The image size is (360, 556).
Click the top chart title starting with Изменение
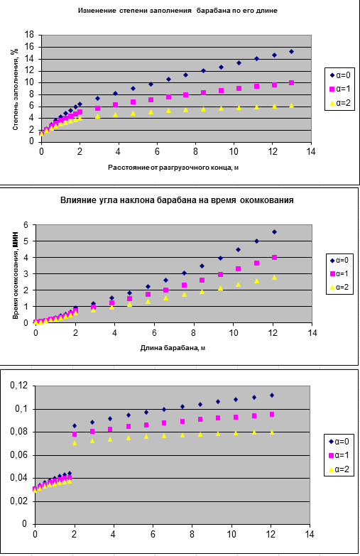[178, 11]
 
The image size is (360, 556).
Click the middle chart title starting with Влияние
[177, 200]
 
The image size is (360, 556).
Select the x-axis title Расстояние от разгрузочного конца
[173, 168]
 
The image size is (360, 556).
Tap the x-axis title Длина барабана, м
[173, 348]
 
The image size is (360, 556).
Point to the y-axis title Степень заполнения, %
[15, 89]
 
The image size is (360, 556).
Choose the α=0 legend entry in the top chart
[340, 75]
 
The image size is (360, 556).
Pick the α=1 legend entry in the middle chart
[339, 274]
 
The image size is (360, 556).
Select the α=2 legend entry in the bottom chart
[339, 469]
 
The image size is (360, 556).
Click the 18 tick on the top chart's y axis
[29, 35]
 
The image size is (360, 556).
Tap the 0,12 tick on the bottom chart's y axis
[20, 386]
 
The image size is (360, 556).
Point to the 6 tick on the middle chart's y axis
[26, 225]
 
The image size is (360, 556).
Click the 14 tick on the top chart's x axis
[311, 151]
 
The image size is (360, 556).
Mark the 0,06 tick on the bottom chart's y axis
[20, 455]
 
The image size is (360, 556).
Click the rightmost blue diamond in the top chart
[291, 51]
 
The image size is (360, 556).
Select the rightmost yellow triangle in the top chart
[291, 105]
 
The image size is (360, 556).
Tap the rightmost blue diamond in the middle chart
[274, 232]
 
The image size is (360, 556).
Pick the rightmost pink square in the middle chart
[274, 258]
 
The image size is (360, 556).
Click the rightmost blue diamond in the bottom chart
[272, 395]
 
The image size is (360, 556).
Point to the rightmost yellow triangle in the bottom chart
[272, 432]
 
